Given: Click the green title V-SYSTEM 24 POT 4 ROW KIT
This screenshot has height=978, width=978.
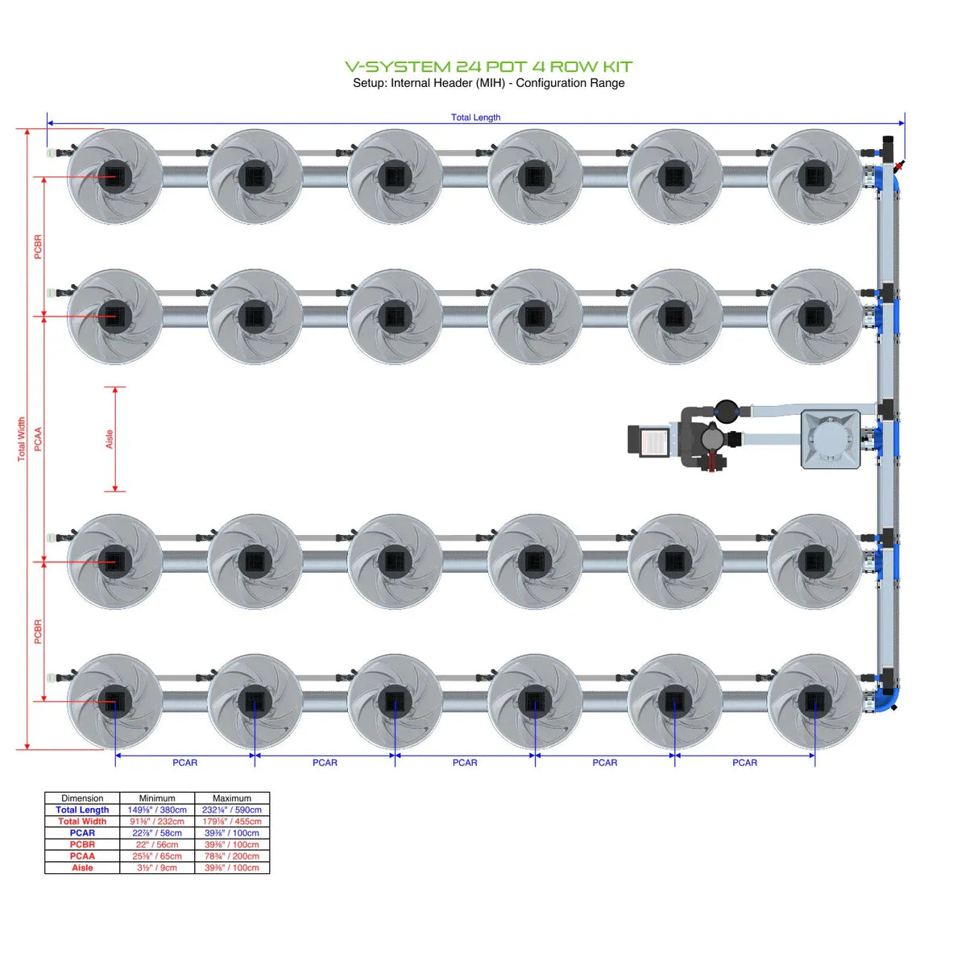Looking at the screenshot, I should coord(488,67).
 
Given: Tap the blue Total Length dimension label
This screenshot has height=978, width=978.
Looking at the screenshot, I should coord(475,118).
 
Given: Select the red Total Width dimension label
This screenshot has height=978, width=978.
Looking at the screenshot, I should coord(22,439).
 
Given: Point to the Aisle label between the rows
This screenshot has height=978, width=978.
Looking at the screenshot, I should coord(110,439).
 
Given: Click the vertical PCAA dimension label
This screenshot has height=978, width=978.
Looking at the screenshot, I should coord(38,439).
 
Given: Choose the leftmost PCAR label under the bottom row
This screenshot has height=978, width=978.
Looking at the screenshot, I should coord(184,763).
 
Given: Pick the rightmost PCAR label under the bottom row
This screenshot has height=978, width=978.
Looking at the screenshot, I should coord(744,763).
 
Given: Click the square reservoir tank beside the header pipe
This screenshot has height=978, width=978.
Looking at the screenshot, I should coord(830,439).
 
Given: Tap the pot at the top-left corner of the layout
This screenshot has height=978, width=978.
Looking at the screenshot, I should coord(115,176).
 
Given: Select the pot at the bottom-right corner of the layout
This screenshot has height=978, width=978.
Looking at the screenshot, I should coord(814,702).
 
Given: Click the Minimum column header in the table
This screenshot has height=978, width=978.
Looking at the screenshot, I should coord(157,798).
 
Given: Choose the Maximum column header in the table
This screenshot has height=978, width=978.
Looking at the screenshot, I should coord(232,798).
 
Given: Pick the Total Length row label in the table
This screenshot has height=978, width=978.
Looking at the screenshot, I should coord(82,810).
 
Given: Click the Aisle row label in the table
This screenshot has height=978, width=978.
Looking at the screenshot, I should coord(82,868).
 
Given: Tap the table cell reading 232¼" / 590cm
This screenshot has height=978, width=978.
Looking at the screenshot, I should coord(232,810).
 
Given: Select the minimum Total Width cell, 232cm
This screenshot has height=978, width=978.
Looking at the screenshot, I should coord(157,822).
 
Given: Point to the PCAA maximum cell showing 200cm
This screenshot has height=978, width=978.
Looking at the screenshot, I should coord(232,856).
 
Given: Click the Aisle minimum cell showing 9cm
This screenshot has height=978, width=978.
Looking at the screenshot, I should coord(157,868).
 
